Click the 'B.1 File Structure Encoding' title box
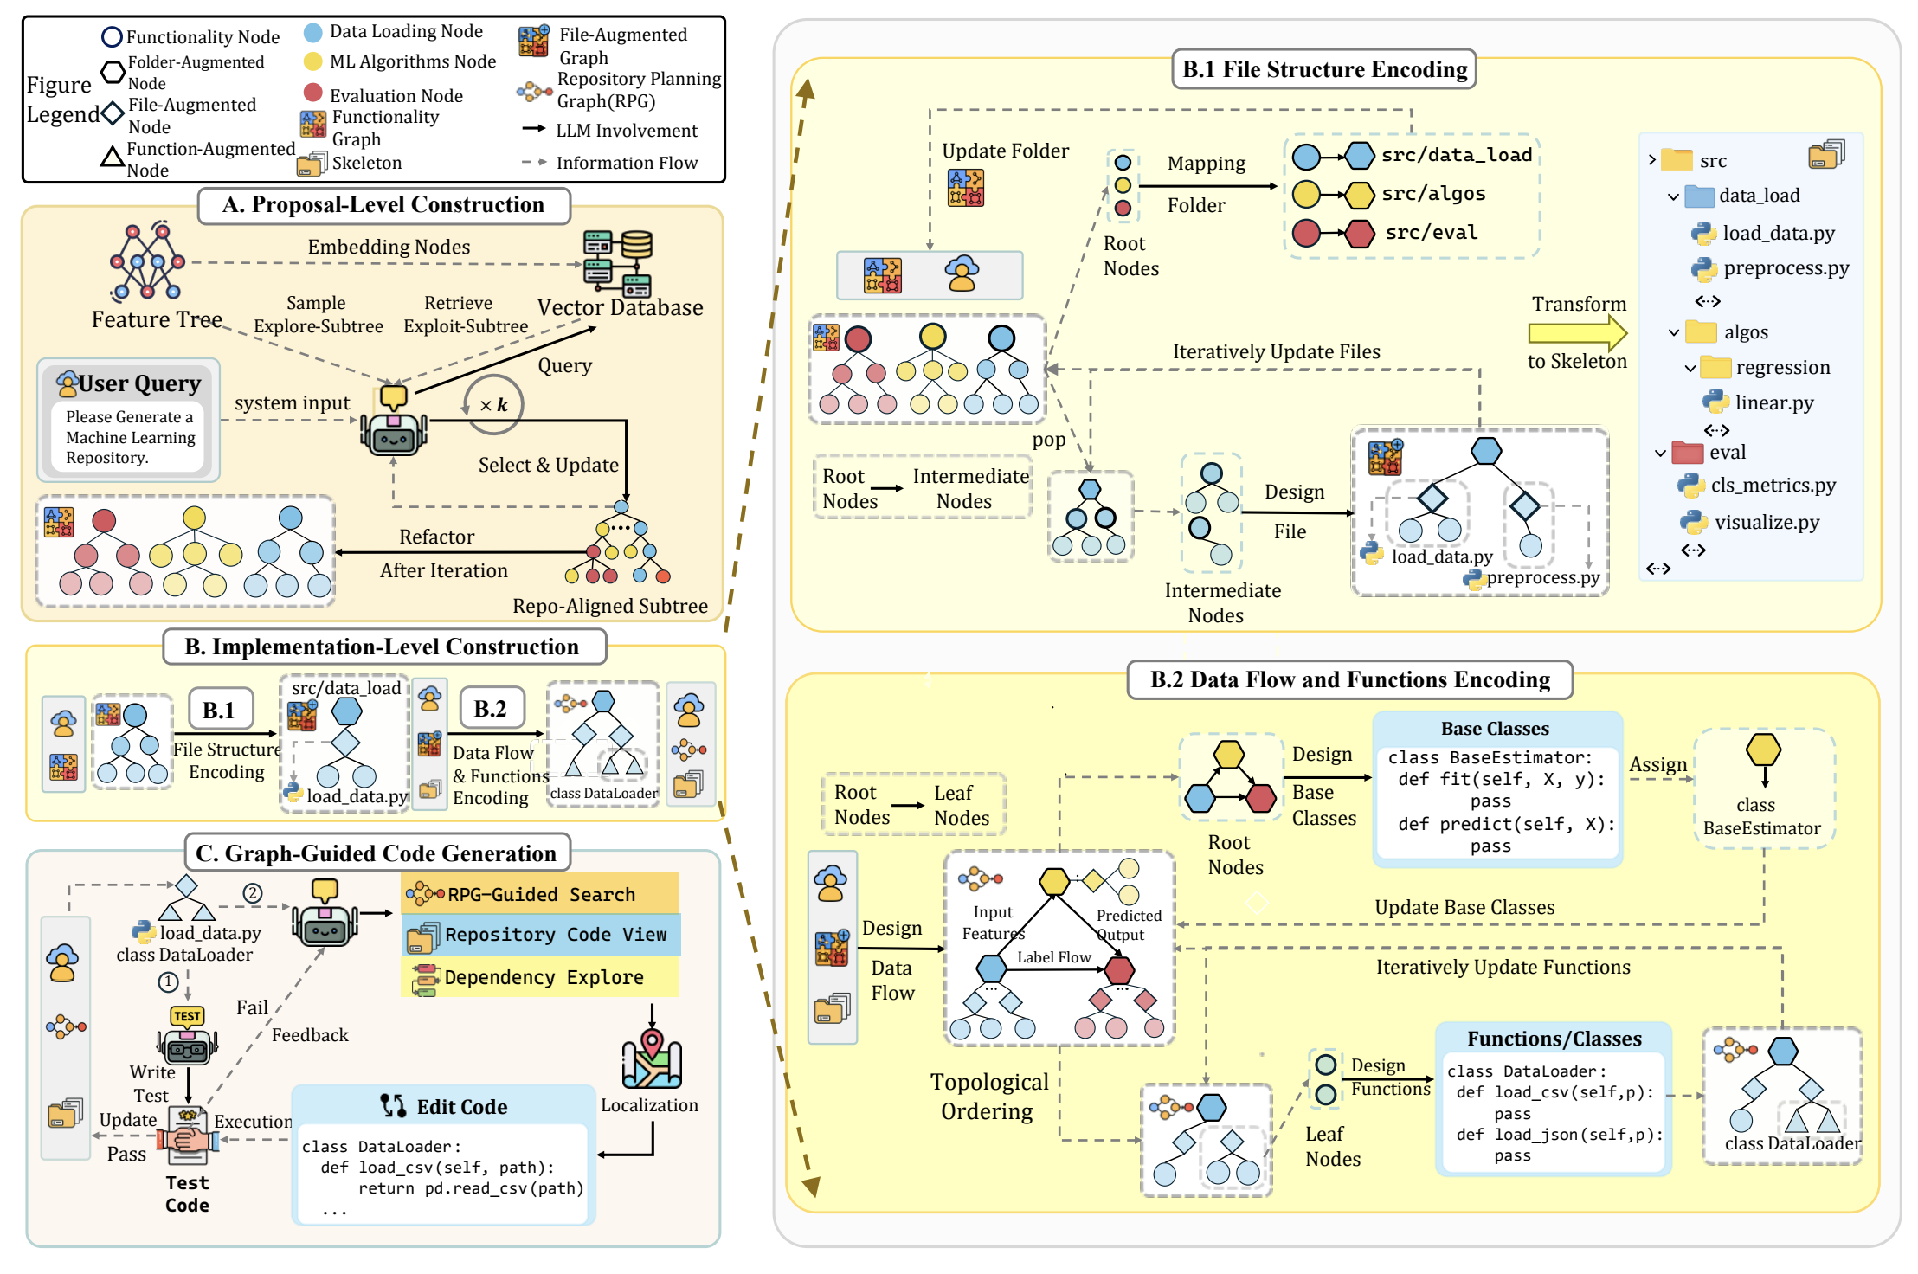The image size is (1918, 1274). (x=1323, y=69)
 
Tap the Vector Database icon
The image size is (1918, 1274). (x=618, y=263)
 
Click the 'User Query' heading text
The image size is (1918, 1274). (x=139, y=383)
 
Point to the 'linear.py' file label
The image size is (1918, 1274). (x=1773, y=402)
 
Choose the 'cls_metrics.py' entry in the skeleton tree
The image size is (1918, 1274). (x=1773, y=486)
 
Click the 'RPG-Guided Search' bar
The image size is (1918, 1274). (x=540, y=894)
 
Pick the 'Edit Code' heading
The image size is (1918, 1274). (x=461, y=1107)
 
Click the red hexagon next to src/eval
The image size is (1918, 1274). (x=1360, y=233)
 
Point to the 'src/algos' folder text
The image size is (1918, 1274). (x=1433, y=194)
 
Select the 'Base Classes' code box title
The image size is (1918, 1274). (x=1495, y=729)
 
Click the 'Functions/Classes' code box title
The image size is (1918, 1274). (x=1554, y=1039)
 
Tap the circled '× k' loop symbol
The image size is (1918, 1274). (x=493, y=405)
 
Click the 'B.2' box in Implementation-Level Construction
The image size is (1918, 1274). (x=490, y=710)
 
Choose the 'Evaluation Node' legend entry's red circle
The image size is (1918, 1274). (x=313, y=93)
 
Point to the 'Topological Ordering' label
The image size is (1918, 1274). (x=988, y=1097)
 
